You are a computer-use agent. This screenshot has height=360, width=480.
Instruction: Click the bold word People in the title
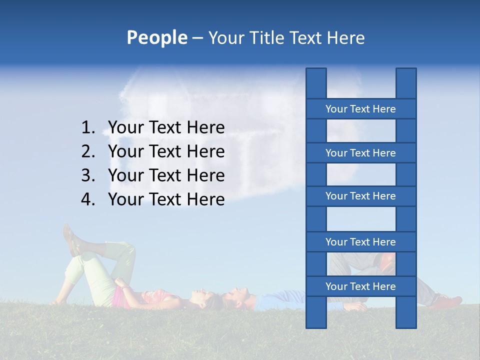point(156,37)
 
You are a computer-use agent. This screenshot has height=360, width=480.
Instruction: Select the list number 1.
point(88,128)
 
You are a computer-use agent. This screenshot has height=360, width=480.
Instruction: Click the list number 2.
point(88,151)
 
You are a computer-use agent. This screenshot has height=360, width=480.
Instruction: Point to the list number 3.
point(88,175)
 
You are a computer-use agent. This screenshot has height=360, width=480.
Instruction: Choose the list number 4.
point(88,199)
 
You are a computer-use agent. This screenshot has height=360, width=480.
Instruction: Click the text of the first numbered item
point(166,128)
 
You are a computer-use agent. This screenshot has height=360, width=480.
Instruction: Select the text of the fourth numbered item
point(166,199)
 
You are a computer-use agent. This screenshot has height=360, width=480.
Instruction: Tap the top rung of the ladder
point(360,109)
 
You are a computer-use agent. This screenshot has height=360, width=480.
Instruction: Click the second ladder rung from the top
point(360,153)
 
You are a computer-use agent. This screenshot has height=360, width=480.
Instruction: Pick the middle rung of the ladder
point(360,196)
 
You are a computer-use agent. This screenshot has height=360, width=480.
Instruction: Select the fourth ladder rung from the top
point(360,242)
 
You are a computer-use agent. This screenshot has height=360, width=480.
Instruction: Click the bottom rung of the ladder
point(360,286)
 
